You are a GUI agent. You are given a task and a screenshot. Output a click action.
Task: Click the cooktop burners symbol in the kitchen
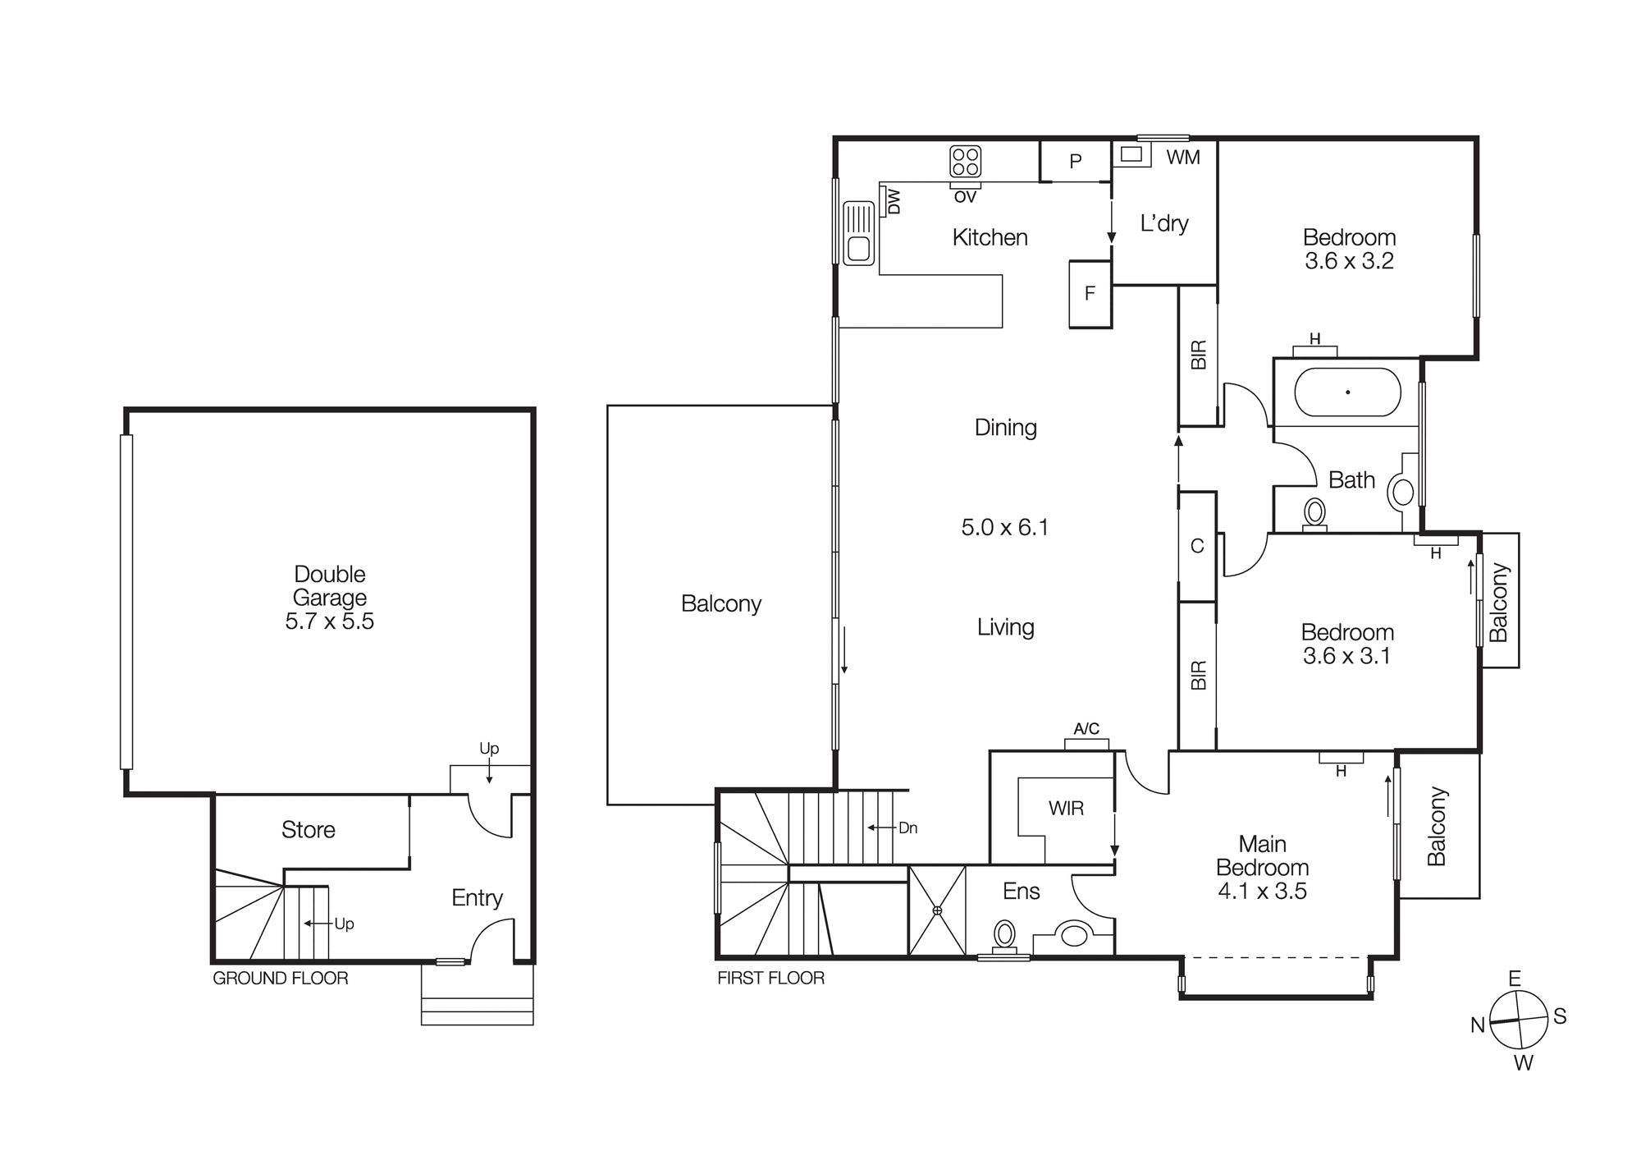coord(965,161)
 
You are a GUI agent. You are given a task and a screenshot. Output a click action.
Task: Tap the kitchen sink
coord(859,232)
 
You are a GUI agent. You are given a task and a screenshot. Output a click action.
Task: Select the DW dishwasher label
coord(894,201)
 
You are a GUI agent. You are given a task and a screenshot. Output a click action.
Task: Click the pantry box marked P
coord(1076,162)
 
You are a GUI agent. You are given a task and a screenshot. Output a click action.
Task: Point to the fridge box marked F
coord(1090,294)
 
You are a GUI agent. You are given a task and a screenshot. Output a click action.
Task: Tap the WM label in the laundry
coord(1182,157)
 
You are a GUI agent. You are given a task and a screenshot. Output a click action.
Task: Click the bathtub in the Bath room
coord(1347,392)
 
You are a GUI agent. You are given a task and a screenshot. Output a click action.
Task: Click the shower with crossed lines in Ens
coord(937,910)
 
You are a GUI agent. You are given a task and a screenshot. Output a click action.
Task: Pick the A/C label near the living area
coord(1086,729)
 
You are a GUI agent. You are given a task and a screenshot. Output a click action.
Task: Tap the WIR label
coord(1066,809)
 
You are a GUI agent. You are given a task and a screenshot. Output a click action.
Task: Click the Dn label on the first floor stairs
coord(907,828)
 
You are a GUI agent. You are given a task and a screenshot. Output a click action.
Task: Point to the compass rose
coord(1518,1020)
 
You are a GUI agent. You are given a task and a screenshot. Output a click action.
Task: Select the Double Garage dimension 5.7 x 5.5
coord(329,621)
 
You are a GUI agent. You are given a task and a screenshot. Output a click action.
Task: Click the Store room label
coord(308,830)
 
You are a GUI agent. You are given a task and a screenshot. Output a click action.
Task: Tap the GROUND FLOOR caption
coord(280,979)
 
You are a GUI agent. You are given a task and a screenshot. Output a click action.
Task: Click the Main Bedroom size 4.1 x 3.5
coord(1262,892)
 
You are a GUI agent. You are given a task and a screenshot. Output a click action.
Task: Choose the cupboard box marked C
coord(1197,546)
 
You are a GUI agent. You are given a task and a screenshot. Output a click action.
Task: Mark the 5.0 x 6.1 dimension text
coord(1005,527)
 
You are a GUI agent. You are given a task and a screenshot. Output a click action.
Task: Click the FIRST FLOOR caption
coord(770,979)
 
